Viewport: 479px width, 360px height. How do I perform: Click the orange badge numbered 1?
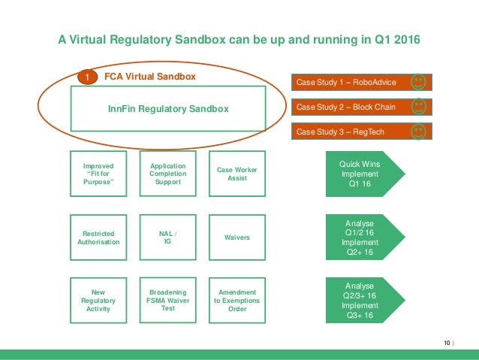[87, 77]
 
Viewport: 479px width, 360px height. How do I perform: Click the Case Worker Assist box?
[236, 174]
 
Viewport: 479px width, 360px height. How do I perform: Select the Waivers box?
[236, 237]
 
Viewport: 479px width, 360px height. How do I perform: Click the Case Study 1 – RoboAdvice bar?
[350, 82]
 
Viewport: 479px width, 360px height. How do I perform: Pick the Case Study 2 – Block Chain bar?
[350, 107]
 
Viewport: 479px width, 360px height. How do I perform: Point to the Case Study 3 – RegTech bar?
[350, 132]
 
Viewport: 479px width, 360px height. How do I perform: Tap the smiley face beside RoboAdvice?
[418, 81]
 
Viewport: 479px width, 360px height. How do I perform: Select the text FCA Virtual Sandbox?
[149, 77]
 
